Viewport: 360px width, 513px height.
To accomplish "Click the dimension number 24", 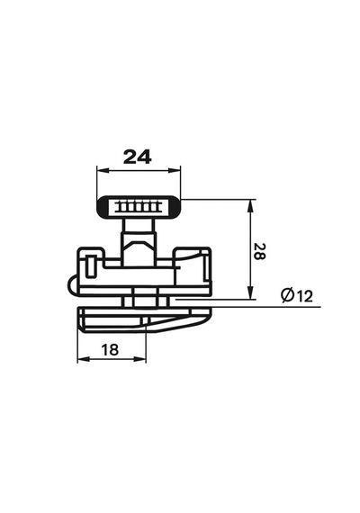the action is click(138, 157).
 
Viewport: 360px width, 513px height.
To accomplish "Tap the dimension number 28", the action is click(259, 251).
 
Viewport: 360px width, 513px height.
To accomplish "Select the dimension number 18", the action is click(110, 350).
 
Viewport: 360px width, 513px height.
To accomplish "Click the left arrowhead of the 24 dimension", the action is click(103, 170).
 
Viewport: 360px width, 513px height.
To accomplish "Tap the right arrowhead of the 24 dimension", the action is click(175, 170).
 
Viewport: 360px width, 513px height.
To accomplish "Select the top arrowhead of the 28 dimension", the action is click(251, 206).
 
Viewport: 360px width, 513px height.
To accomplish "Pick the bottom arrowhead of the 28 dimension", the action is click(251, 292).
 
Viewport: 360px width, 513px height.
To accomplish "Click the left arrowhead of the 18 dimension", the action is click(84, 359).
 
